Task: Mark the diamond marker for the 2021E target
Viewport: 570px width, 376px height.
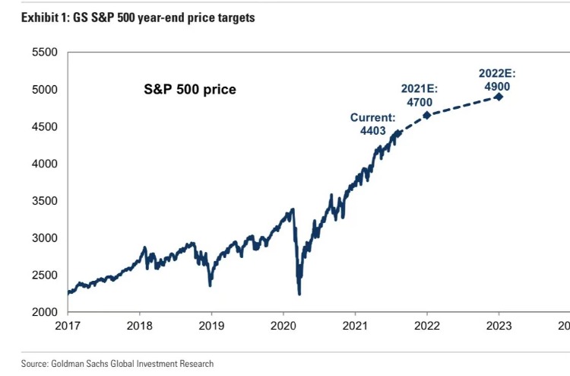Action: pyautogui.click(x=427, y=115)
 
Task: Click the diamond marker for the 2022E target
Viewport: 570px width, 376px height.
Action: pyautogui.click(x=499, y=97)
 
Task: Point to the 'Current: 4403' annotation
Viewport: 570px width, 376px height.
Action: pyautogui.click(x=373, y=124)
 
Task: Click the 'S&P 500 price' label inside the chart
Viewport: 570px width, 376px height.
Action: pyautogui.click(x=190, y=90)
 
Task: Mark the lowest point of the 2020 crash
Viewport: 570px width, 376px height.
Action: pyautogui.click(x=299, y=294)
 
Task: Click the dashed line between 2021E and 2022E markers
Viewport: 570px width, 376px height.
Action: pyautogui.click(x=463, y=105)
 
